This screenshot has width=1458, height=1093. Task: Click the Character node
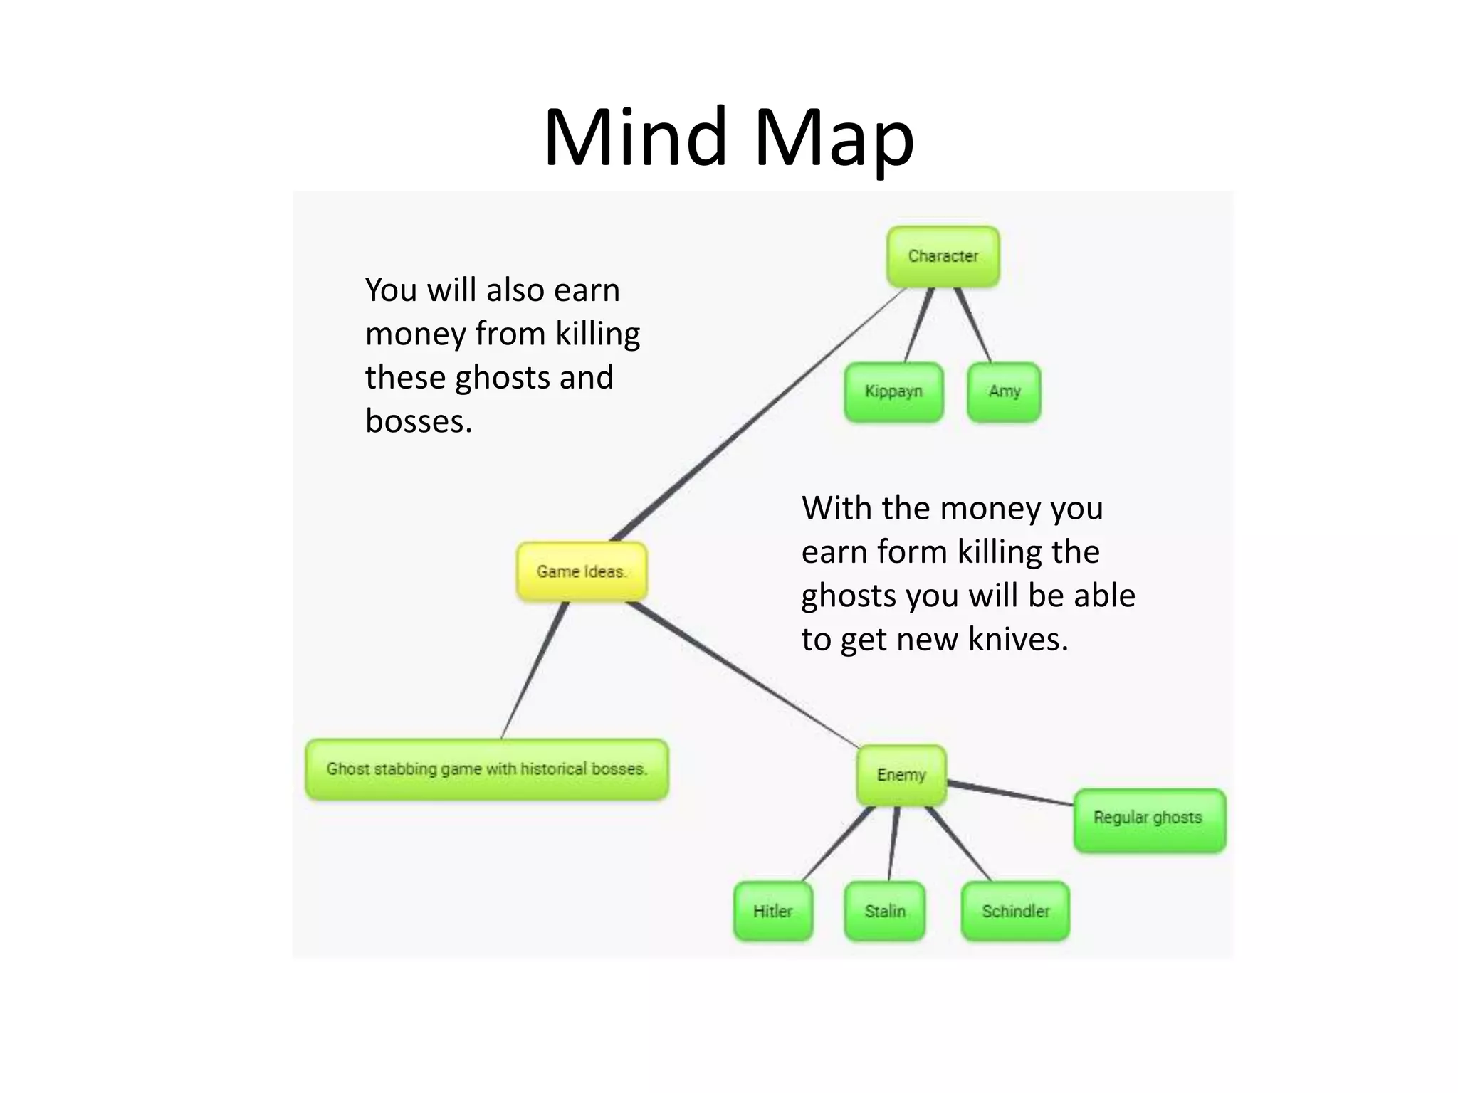943,256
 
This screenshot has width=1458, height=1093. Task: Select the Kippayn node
893,391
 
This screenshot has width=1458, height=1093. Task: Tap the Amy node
1004,391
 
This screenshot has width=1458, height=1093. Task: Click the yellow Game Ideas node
582,571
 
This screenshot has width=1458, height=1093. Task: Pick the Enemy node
901,775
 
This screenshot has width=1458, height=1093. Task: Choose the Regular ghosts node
1148,818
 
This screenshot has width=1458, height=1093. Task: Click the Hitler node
772,912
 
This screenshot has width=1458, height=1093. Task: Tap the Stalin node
885,912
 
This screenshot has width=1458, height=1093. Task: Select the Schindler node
1015,912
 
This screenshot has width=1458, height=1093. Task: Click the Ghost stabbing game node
487,769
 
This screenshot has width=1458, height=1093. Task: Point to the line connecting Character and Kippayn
918,325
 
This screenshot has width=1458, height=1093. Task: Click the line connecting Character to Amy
972,325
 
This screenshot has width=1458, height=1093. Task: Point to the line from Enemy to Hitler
837,845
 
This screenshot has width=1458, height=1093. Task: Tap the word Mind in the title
635,137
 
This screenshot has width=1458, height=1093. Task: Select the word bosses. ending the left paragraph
419,421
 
